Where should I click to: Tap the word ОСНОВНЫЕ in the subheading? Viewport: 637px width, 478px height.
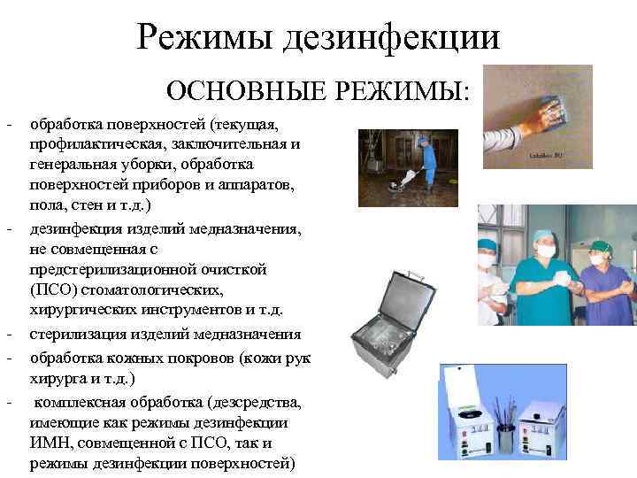[x=232, y=90]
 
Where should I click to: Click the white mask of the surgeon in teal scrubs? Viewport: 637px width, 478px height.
[x=546, y=251]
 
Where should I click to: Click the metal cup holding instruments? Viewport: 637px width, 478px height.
[x=505, y=438]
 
